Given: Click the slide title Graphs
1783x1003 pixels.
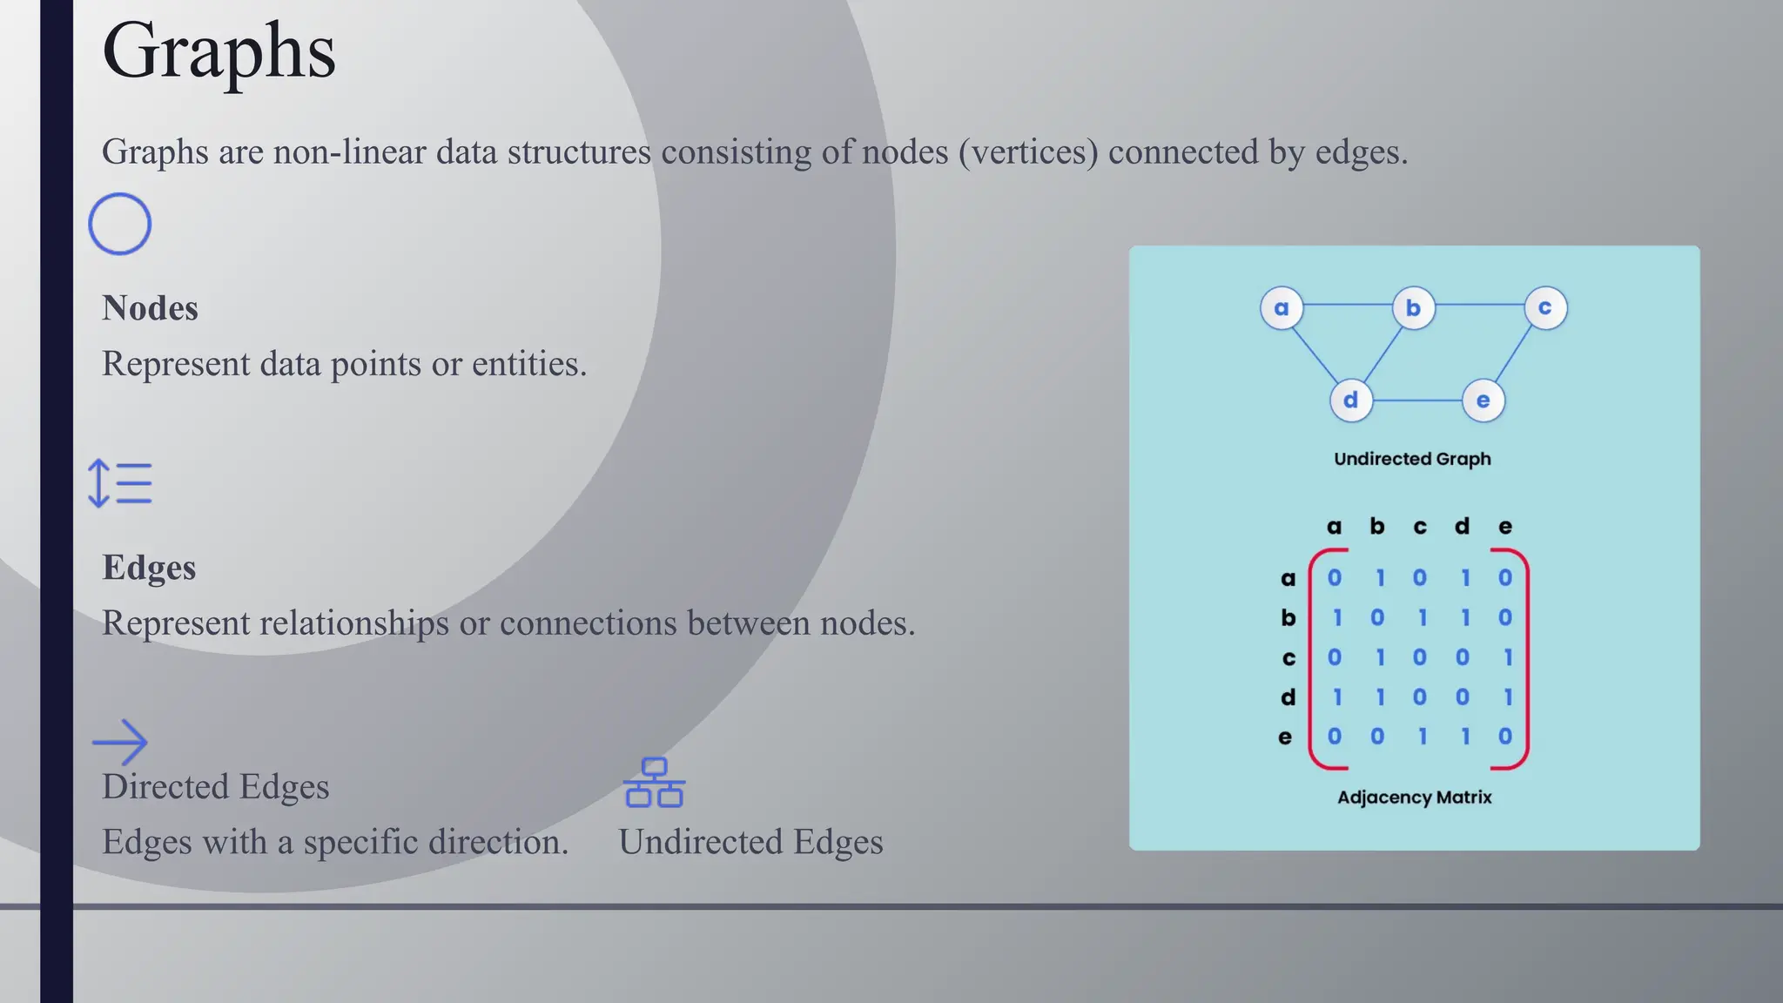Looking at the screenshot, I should coord(219,52).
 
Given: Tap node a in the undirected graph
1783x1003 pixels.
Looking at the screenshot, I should coord(1282,308).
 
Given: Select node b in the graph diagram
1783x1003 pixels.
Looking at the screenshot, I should coord(1413,308).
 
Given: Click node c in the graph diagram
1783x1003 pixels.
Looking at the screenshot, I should coord(1545,308).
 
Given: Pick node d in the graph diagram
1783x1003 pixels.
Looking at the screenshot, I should coord(1350,401).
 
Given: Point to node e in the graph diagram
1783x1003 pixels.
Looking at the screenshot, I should coord(1483,401).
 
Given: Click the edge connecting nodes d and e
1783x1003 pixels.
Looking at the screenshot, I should coord(1416,401).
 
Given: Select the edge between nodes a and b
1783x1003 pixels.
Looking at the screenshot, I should coord(1347,305).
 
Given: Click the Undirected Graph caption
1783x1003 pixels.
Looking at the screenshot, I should coord(1412,459).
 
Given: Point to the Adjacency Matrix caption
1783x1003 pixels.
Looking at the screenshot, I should coord(1414,798).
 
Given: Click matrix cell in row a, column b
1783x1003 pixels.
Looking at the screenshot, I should coord(1379,578).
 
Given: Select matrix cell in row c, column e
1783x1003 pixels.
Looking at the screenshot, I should coord(1508,657).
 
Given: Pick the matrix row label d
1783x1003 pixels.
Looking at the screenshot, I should coord(1288,697).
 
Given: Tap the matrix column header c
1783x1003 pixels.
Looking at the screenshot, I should coord(1420,527).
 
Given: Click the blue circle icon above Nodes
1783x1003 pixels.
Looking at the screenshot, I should coord(120,224).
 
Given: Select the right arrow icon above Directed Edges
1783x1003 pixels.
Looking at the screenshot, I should coord(120,742).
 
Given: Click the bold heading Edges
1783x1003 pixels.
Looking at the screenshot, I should coord(149,568).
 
